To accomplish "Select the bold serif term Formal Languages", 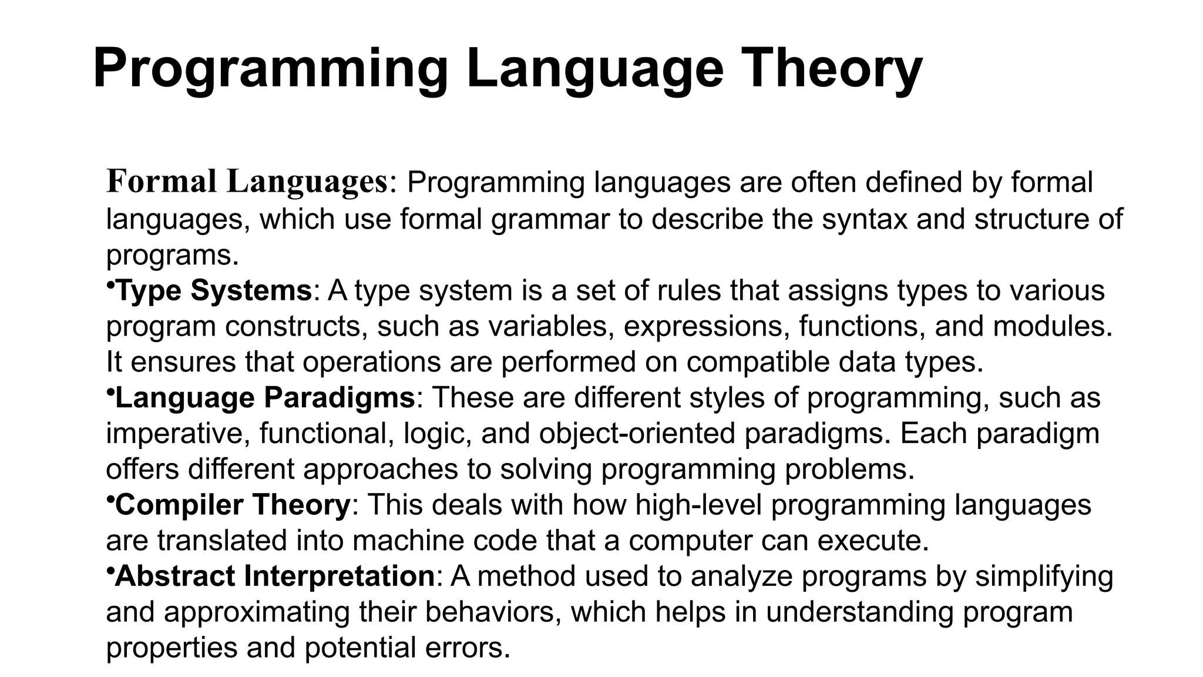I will [x=247, y=182].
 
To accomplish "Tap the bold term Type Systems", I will [x=214, y=290].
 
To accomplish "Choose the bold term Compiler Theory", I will [x=233, y=505].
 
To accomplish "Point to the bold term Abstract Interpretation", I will [x=275, y=576].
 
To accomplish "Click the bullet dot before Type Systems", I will [x=110, y=285].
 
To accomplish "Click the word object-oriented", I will [x=637, y=434].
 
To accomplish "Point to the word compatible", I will [x=758, y=362].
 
